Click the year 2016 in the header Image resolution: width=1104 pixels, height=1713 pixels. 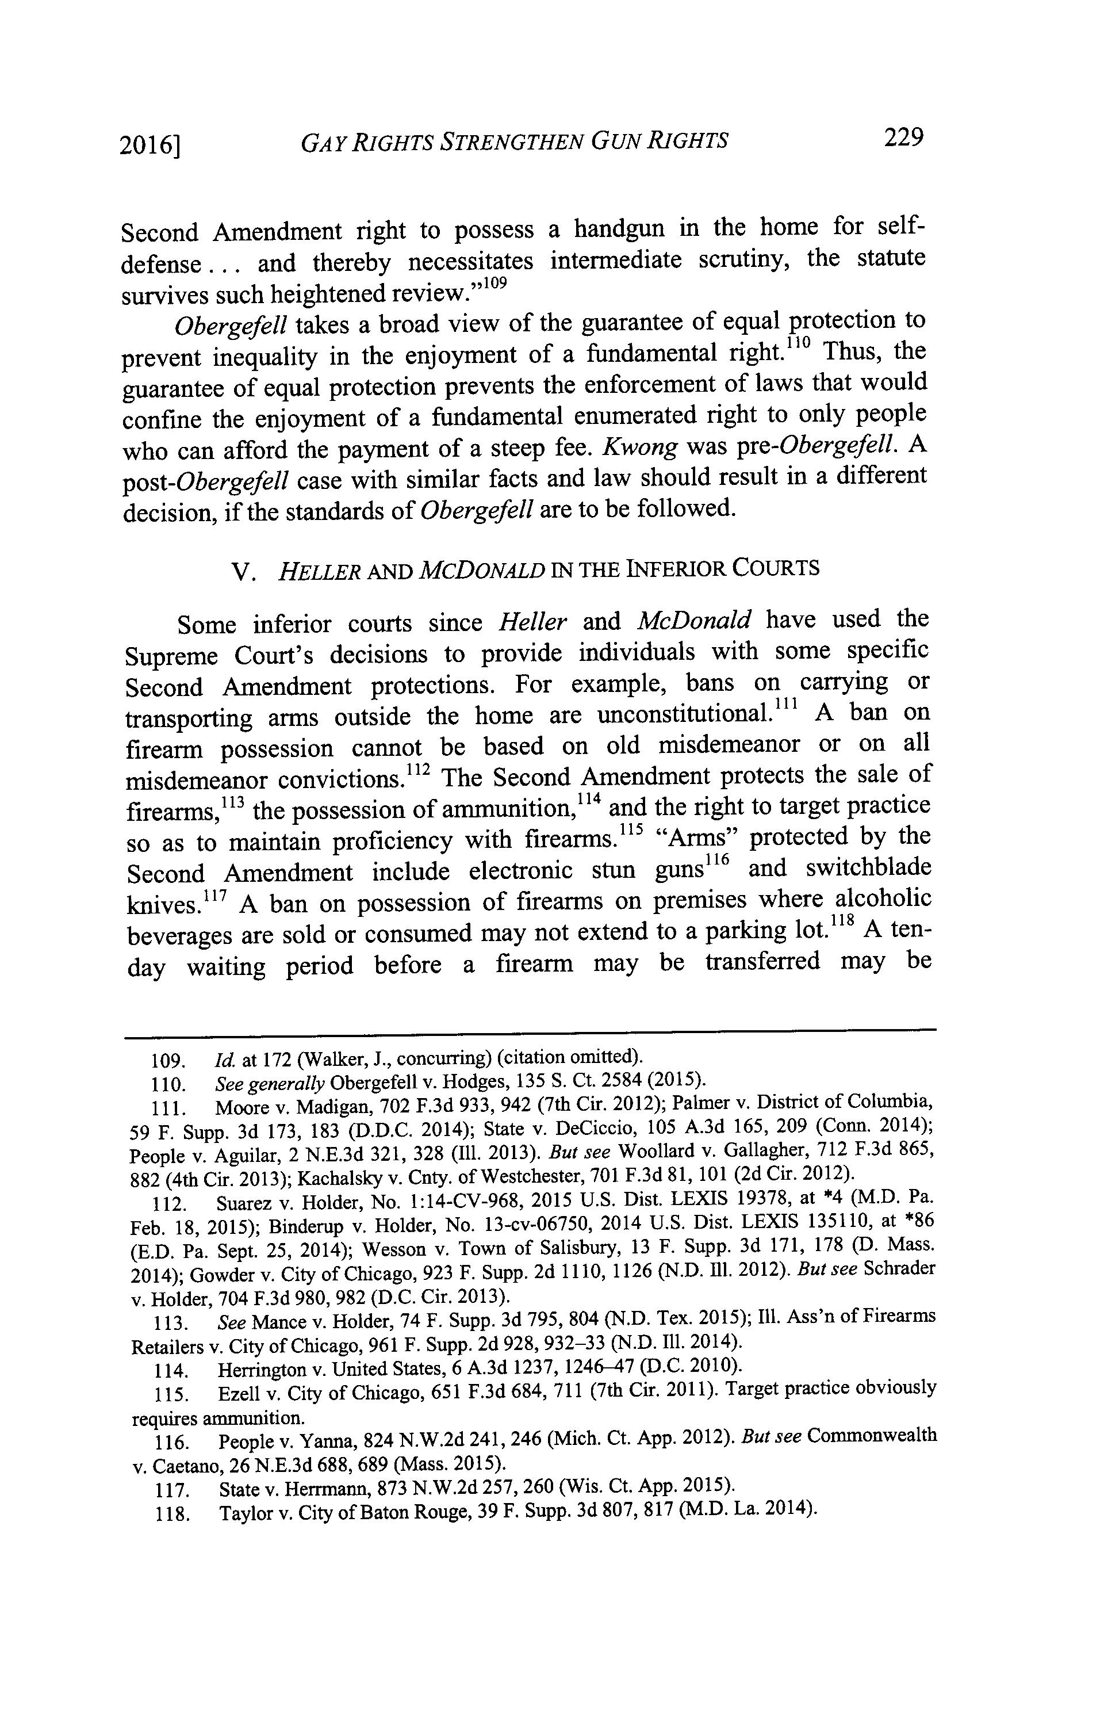click(x=148, y=145)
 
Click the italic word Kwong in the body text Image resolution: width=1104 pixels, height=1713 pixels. click(x=640, y=448)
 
